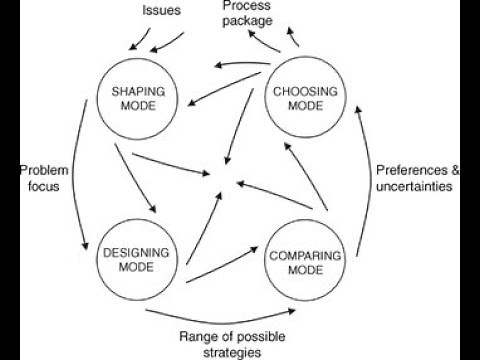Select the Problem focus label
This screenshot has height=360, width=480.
click(x=39, y=178)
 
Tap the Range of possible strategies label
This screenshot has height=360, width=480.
click(x=236, y=343)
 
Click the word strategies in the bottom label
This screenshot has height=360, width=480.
click(x=236, y=351)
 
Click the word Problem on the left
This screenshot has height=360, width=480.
click(x=39, y=170)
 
